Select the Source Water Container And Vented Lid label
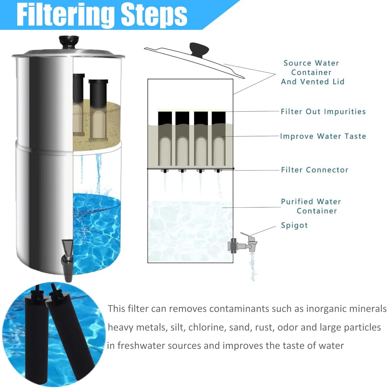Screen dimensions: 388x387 click(x=312, y=72)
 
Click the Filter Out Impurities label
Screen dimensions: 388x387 click(x=323, y=112)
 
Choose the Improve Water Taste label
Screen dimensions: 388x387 click(x=323, y=136)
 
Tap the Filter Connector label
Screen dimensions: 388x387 click(x=314, y=170)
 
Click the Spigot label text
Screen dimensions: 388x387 click(x=294, y=225)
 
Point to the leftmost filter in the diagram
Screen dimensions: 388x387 click(x=165, y=139)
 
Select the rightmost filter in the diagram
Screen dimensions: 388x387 click(x=218, y=139)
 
